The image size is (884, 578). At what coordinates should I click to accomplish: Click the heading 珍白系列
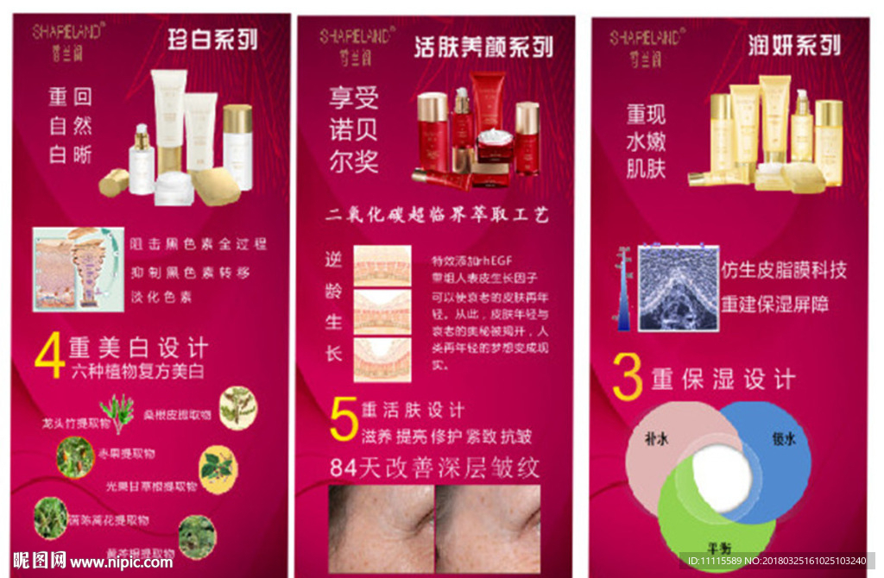(x=212, y=40)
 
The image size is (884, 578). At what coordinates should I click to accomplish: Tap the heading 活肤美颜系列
(x=483, y=46)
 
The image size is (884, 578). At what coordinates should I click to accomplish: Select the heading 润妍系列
(x=794, y=44)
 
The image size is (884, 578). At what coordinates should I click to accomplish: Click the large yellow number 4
(x=49, y=355)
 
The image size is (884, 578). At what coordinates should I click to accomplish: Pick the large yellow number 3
(x=628, y=377)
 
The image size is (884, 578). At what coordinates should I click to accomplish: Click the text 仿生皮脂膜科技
(x=783, y=270)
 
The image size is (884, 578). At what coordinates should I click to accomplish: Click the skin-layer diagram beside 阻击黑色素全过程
(x=78, y=268)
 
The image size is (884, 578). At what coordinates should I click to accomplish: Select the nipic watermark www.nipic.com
(x=121, y=562)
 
